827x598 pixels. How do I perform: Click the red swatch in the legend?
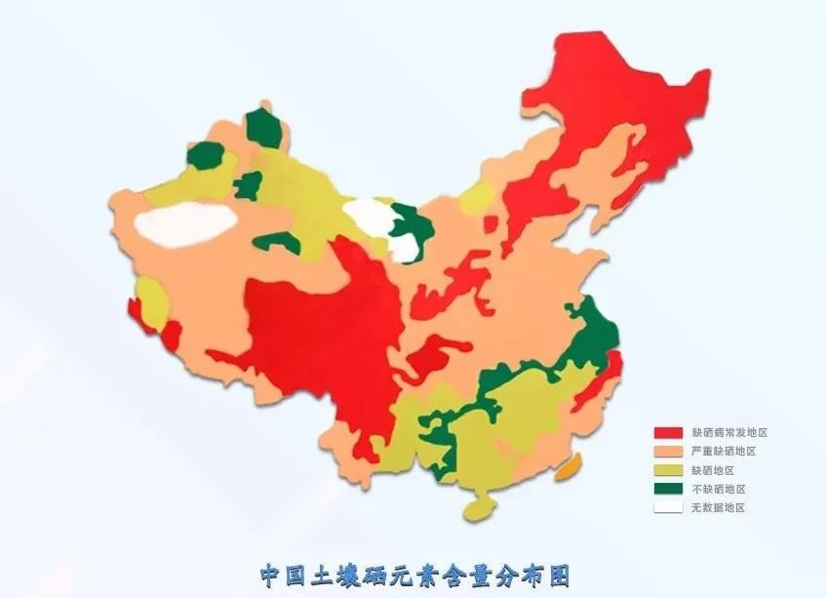click(x=668, y=432)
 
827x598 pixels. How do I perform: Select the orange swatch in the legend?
click(x=668, y=451)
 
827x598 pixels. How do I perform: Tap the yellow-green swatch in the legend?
click(x=668, y=469)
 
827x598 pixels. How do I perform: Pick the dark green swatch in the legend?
click(x=668, y=488)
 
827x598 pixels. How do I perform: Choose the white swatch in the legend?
click(x=668, y=506)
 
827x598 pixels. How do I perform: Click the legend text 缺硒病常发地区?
click(x=724, y=432)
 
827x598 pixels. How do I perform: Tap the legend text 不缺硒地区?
click(x=716, y=488)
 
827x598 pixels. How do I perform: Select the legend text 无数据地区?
click(x=716, y=507)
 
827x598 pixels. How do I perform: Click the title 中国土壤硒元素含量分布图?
click(x=413, y=574)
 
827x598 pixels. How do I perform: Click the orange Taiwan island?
click(x=568, y=467)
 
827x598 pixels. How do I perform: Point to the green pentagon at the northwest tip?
click(x=262, y=128)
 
